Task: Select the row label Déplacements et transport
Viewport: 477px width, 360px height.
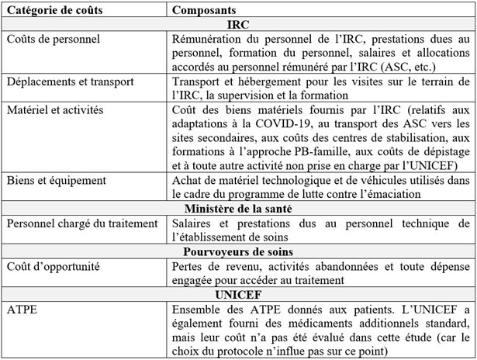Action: tap(70, 81)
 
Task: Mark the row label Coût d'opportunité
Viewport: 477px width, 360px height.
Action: tap(52, 266)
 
